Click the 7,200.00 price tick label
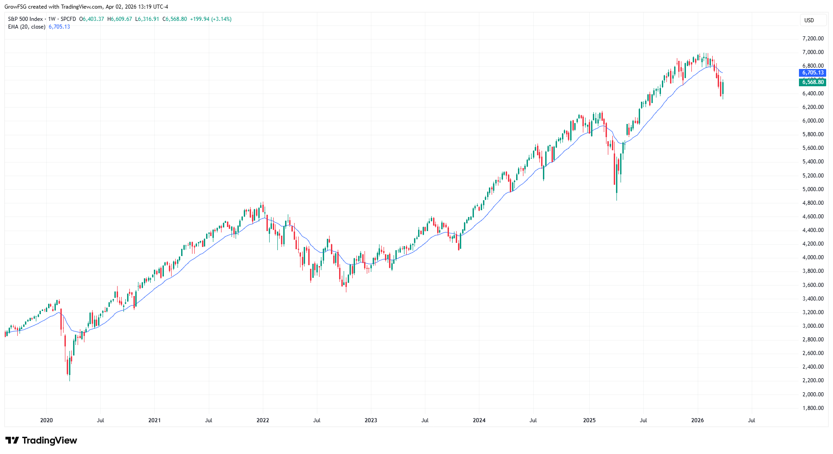813,39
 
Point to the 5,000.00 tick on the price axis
813,189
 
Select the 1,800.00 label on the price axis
813,408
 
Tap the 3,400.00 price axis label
813,299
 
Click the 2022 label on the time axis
263,420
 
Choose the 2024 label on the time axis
479,420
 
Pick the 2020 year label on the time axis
46,420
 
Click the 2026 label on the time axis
697,420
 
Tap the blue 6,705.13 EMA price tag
812,73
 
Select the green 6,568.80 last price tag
812,82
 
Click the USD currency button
809,20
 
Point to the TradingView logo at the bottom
41,440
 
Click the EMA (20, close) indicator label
27,27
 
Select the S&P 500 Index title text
25,19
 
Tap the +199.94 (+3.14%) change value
211,19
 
